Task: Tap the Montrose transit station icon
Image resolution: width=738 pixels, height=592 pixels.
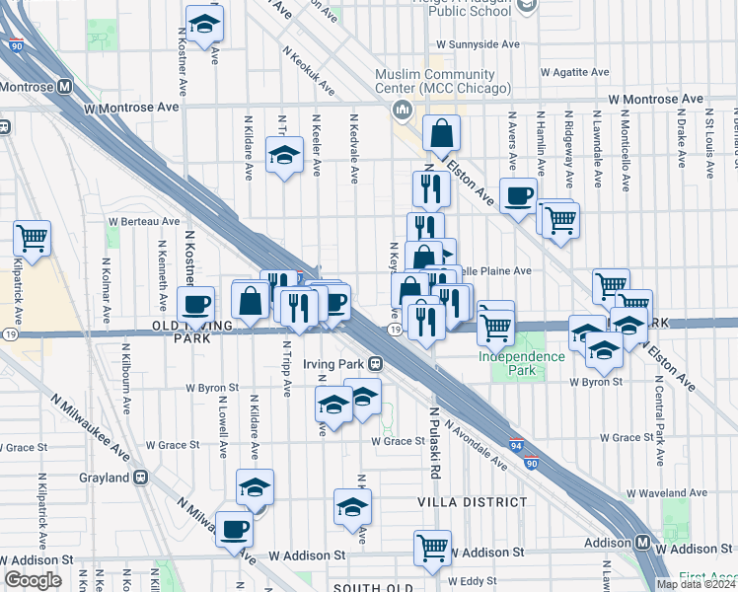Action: pyautogui.click(x=64, y=86)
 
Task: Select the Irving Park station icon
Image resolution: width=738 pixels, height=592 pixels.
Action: pyautogui.click(x=377, y=363)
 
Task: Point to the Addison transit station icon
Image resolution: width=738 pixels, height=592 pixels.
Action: pyautogui.click(x=642, y=543)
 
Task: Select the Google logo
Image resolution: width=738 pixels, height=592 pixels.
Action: pyautogui.click(x=33, y=580)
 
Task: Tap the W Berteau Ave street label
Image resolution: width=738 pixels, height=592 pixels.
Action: pyautogui.click(x=144, y=222)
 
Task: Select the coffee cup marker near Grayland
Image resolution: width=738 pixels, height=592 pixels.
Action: pyautogui.click(x=234, y=529)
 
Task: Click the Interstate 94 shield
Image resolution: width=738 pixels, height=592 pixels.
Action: pyautogui.click(x=517, y=446)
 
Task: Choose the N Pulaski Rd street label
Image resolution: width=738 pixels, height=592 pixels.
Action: pyautogui.click(x=433, y=430)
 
